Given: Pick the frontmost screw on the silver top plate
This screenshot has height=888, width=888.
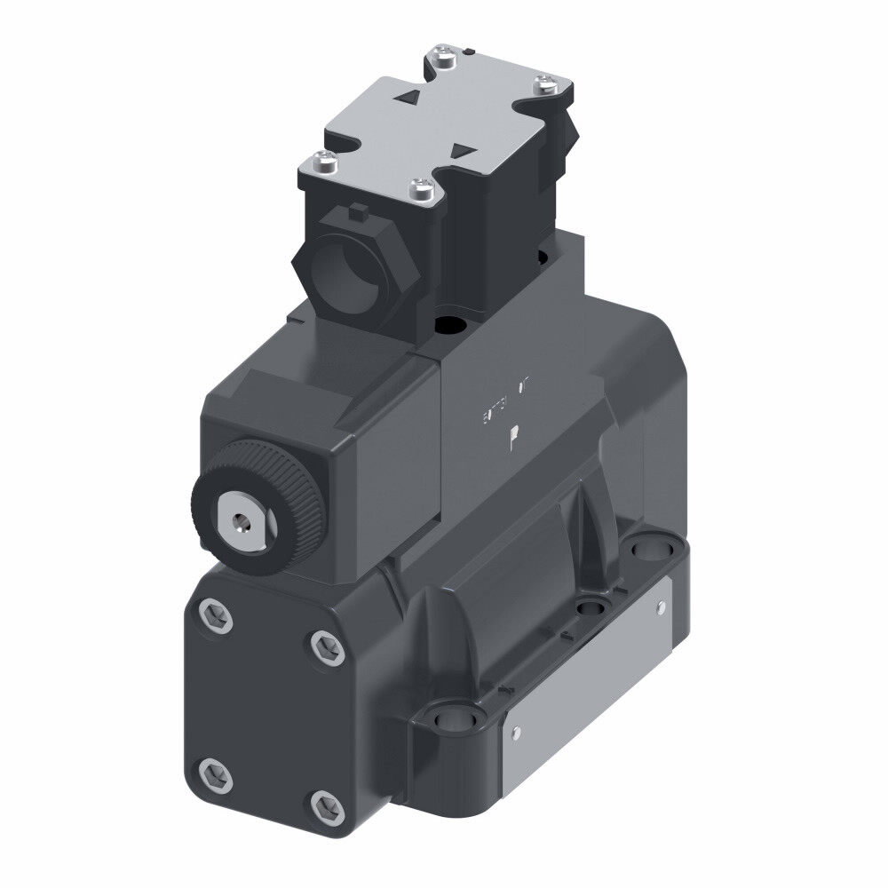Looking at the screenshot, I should (x=422, y=188).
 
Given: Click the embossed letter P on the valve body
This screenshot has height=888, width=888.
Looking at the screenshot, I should (x=514, y=438).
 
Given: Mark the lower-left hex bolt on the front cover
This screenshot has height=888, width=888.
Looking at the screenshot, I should (x=214, y=773).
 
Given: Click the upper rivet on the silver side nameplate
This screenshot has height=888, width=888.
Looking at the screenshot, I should (x=660, y=606).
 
